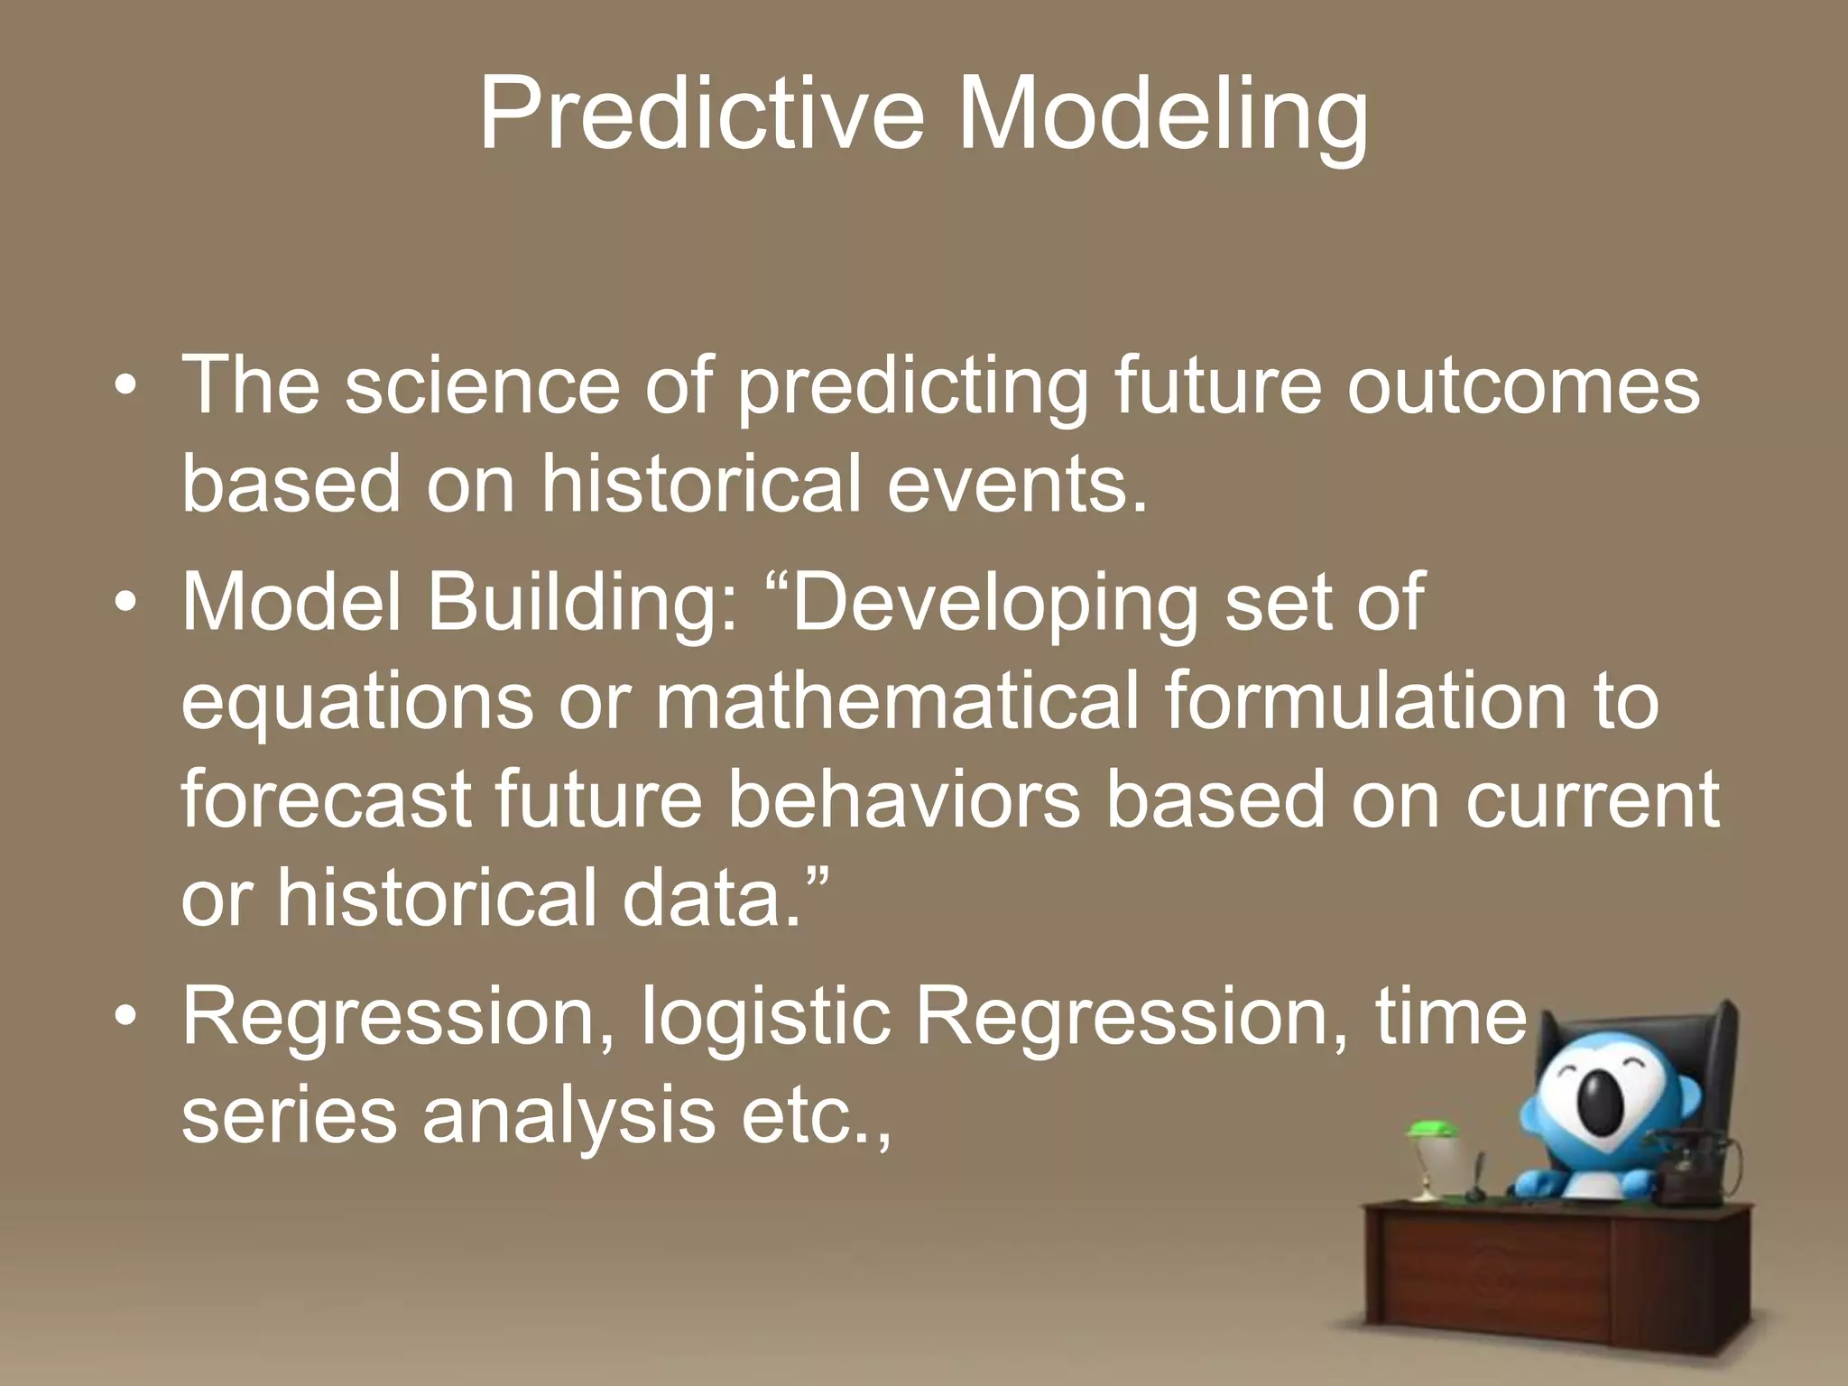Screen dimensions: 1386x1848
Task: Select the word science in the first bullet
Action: tap(483, 386)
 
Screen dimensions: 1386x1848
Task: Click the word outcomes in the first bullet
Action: tap(1523, 386)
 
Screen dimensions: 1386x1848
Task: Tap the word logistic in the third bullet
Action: tap(766, 1018)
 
